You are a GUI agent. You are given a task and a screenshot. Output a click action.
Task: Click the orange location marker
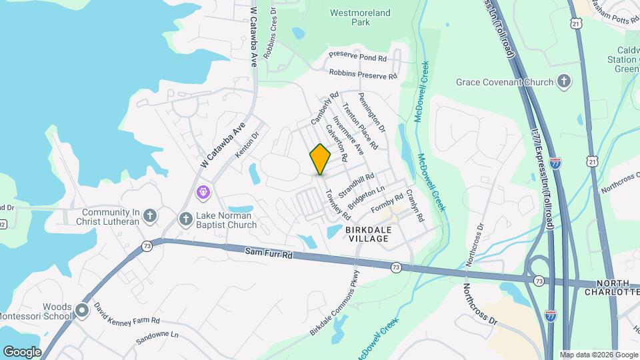320,159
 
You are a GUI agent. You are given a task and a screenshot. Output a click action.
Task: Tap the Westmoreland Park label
360,17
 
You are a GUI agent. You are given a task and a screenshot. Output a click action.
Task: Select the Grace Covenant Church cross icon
564,82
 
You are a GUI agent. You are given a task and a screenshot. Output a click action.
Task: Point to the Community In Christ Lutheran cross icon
151,215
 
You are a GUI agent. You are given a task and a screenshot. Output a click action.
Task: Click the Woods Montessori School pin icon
83,311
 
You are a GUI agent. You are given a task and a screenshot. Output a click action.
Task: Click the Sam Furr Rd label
269,253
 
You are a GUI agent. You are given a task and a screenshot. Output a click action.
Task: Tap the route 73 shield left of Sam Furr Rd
147,247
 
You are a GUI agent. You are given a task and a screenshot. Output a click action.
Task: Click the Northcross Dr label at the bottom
480,303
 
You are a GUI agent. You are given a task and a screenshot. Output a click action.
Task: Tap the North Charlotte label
612,287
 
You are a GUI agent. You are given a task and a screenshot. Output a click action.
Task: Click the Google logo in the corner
22,351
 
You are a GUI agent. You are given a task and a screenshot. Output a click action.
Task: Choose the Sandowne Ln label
158,337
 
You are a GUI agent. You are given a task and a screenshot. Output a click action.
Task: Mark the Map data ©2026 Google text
598,355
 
